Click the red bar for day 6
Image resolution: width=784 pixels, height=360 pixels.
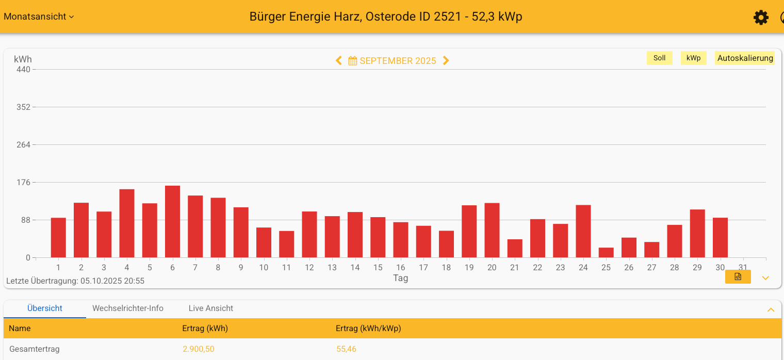(172, 222)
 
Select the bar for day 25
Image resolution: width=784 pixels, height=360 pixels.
(606, 253)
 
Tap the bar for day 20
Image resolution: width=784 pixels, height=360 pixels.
(492, 231)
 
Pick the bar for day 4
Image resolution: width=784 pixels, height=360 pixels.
(127, 223)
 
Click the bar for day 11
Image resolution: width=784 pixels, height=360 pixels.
(286, 244)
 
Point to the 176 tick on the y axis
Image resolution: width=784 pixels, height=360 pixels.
(24, 182)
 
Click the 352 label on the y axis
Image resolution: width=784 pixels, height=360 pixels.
(24, 107)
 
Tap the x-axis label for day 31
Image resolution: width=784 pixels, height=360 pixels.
(743, 267)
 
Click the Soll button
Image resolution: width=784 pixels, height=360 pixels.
(659, 58)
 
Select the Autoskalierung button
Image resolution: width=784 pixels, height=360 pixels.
(745, 58)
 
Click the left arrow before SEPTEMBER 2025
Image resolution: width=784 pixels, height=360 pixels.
(339, 61)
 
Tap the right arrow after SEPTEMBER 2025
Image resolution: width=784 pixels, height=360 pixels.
(446, 61)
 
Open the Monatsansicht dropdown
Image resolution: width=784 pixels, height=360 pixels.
(39, 17)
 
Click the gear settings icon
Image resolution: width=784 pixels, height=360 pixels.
(761, 18)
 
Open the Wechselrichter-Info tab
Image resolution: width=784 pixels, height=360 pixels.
(128, 308)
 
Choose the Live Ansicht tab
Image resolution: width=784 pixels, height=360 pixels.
(211, 308)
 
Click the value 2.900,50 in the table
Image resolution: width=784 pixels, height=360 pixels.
(199, 349)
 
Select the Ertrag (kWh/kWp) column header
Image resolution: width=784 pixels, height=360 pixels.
(368, 329)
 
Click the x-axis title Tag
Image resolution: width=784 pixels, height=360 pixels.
(401, 278)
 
